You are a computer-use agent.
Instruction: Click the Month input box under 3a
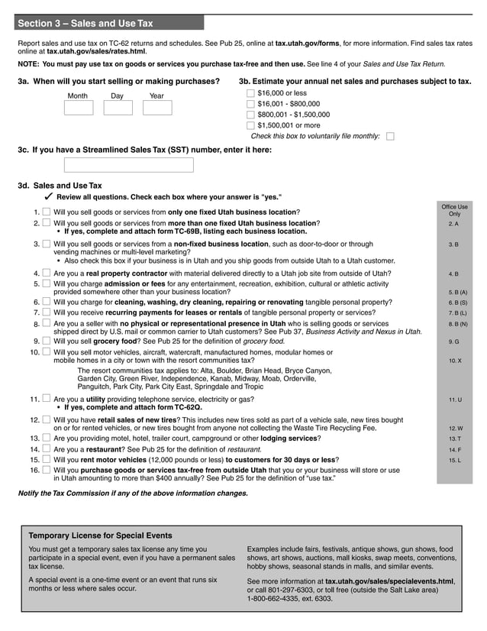pyautogui.click(x=78, y=108)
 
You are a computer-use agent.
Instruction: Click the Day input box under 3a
pyautogui.click(x=118, y=108)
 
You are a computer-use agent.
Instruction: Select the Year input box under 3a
pyautogui.click(x=157, y=108)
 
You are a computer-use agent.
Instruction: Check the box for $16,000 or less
pyautogui.click(x=250, y=93)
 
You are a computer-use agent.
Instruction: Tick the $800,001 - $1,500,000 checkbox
pyautogui.click(x=250, y=115)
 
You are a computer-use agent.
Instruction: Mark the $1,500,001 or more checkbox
pyautogui.click(x=250, y=125)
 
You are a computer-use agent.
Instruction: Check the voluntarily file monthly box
pyautogui.click(x=391, y=137)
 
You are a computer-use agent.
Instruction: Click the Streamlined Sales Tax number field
pyautogui.click(x=128, y=165)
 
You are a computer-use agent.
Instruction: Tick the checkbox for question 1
pyautogui.click(x=47, y=212)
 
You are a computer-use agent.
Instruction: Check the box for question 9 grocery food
pyautogui.click(x=47, y=341)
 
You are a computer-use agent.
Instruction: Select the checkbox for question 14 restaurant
pyautogui.click(x=47, y=450)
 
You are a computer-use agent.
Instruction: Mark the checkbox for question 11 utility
pyautogui.click(x=47, y=399)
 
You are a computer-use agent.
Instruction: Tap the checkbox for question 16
pyautogui.click(x=47, y=471)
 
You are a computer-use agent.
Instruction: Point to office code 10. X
pyautogui.click(x=454, y=360)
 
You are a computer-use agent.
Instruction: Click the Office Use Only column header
pyautogui.click(x=454, y=210)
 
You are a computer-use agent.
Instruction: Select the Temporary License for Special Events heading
pyautogui.click(x=100, y=536)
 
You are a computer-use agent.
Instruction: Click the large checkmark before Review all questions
pyautogui.click(x=48, y=196)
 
